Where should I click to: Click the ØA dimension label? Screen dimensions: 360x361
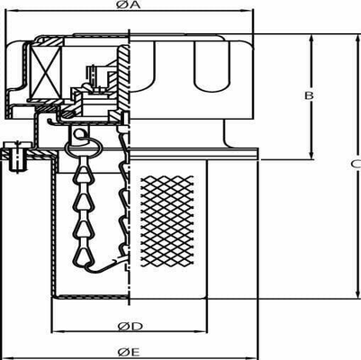pos(128,5)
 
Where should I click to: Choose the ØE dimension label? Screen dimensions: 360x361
pos(128,351)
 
